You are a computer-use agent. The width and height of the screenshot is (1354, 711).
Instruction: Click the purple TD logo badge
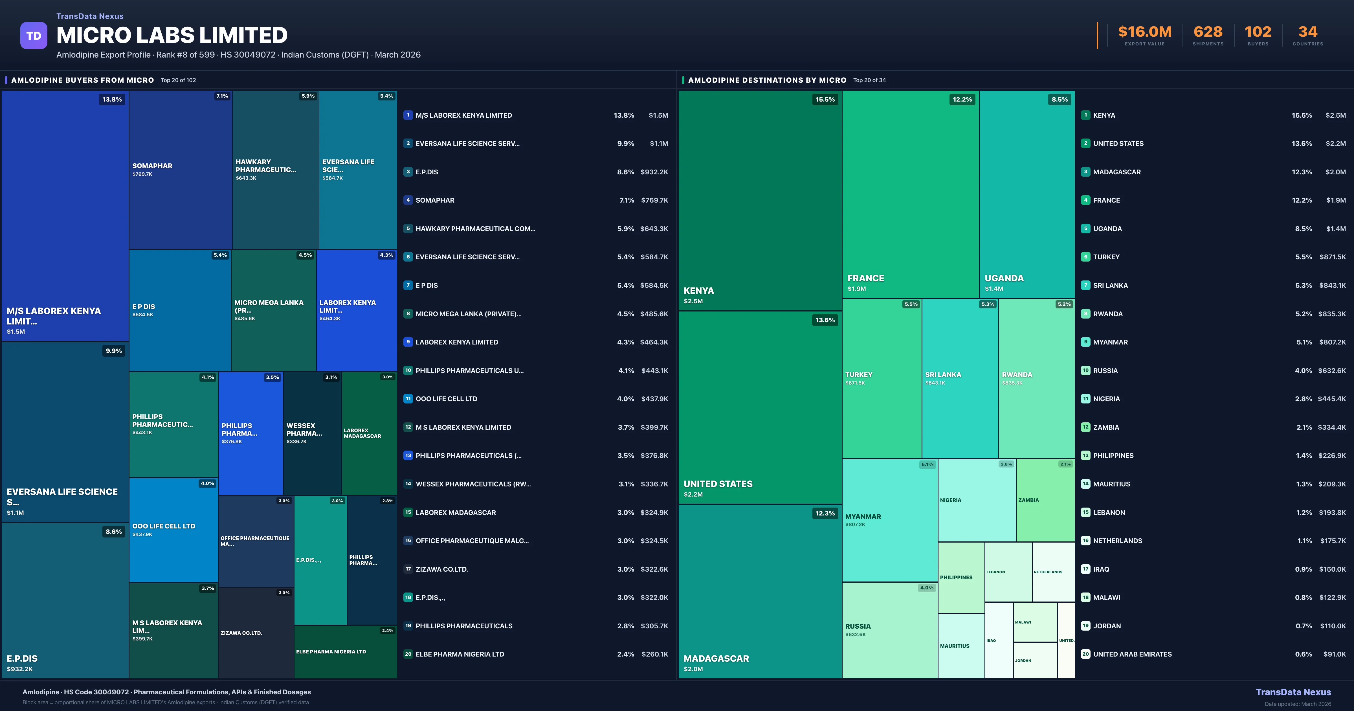click(34, 36)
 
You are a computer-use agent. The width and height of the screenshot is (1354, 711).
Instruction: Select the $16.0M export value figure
click(1144, 32)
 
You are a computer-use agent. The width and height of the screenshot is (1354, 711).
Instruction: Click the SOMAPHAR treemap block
click(180, 169)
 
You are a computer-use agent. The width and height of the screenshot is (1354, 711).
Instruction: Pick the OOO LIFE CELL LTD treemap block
click(173, 530)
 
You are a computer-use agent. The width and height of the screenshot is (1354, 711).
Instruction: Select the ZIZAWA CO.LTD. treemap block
click(256, 633)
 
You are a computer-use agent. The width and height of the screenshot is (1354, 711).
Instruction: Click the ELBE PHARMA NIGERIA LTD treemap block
click(345, 651)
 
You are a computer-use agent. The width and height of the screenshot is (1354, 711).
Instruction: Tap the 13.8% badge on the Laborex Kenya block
click(112, 99)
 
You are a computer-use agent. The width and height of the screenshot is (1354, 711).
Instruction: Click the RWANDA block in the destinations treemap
click(1036, 378)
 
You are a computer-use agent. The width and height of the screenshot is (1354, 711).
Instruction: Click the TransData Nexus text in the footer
click(1293, 692)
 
